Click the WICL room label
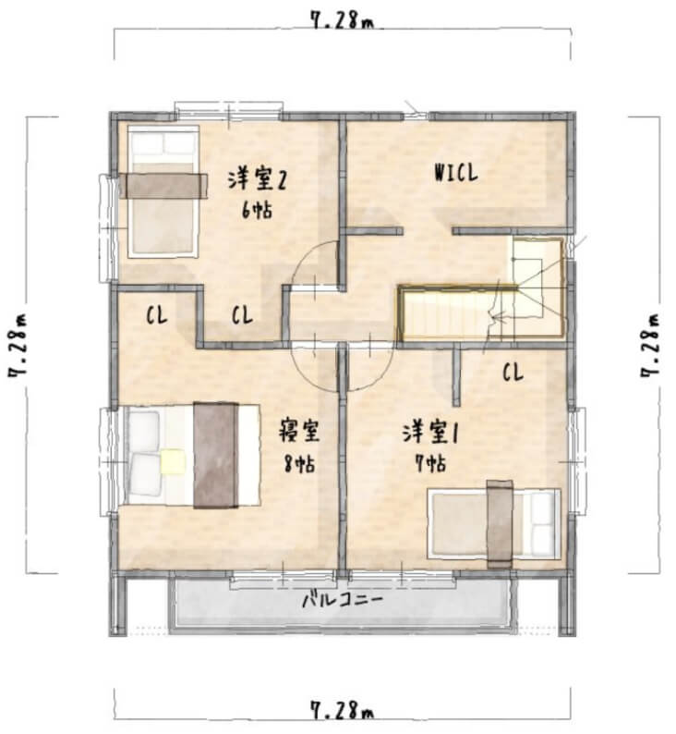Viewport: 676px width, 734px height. [x=456, y=173]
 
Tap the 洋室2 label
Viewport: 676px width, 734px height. [x=257, y=180]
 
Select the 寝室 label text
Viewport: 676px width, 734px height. [x=299, y=431]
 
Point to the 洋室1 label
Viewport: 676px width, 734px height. [x=429, y=433]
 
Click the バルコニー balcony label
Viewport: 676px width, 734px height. [x=343, y=600]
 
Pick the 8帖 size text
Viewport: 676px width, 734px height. [x=299, y=464]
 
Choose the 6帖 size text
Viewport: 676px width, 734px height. [x=257, y=210]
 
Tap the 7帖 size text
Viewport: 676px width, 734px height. [x=430, y=463]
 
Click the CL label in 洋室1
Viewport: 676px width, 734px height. [x=513, y=373]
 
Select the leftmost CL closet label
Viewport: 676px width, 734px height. [x=157, y=315]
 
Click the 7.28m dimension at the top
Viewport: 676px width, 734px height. [x=343, y=20]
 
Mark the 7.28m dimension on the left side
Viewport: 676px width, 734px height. [x=18, y=346]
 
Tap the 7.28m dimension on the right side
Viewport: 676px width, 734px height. [x=651, y=346]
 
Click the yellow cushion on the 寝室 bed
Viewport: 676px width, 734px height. [x=173, y=461]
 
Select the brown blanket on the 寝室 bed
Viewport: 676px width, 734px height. [x=216, y=455]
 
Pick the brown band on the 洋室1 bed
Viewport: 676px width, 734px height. [x=500, y=524]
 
